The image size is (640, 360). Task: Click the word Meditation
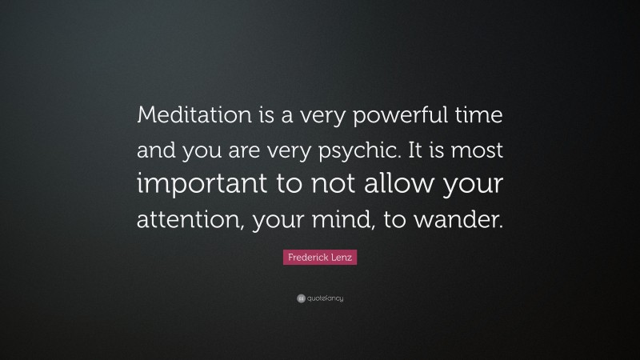pyautogui.click(x=186, y=116)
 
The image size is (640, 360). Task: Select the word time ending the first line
pyautogui.click(x=478, y=116)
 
